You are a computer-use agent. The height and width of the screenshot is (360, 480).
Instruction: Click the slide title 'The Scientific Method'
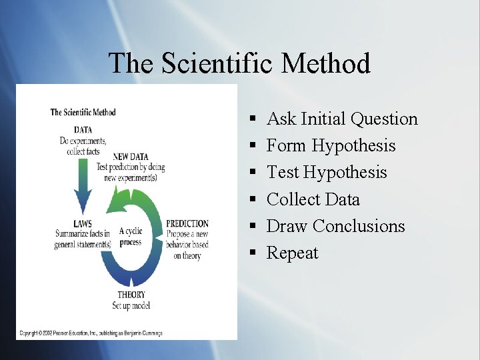click(x=239, y=63)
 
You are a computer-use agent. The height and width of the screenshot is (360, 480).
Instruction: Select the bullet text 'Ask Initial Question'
click(x=342, y=119)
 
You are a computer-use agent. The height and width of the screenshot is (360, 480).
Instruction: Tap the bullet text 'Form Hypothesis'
click(x=331, y=146)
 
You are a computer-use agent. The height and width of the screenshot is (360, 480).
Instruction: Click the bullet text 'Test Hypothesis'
click(x=327, y=173)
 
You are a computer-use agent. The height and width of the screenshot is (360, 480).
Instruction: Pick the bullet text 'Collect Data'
click(x=313, y=199)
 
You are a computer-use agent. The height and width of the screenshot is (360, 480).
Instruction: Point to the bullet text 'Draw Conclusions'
click(x=335, y=226)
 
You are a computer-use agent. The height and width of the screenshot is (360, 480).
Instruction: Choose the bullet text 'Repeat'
click(x=292, y=253)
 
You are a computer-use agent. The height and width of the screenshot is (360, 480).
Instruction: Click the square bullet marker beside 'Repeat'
click(x=253, y=253)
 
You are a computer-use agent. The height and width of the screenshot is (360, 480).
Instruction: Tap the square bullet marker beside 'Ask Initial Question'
click(x=253, y=119)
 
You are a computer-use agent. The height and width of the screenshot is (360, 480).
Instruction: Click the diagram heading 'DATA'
click(x=82, y=130)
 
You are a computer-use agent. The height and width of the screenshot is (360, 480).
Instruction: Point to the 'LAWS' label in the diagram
click(x=83, y=224)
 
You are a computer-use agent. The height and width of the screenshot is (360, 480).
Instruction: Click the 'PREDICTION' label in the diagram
click(x=187, y=224)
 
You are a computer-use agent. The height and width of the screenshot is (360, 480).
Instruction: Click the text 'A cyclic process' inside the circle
click(x=131, y=237)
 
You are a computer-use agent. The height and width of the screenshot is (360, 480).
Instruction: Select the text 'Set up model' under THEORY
click(x=131, y=305)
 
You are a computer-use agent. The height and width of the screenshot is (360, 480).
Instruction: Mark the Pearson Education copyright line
click(x=91, y=333)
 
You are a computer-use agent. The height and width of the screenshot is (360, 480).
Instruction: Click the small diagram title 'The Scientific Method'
click(x=83, y=112)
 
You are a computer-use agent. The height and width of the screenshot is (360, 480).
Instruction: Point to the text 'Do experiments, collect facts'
click(x=83, y=146)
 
